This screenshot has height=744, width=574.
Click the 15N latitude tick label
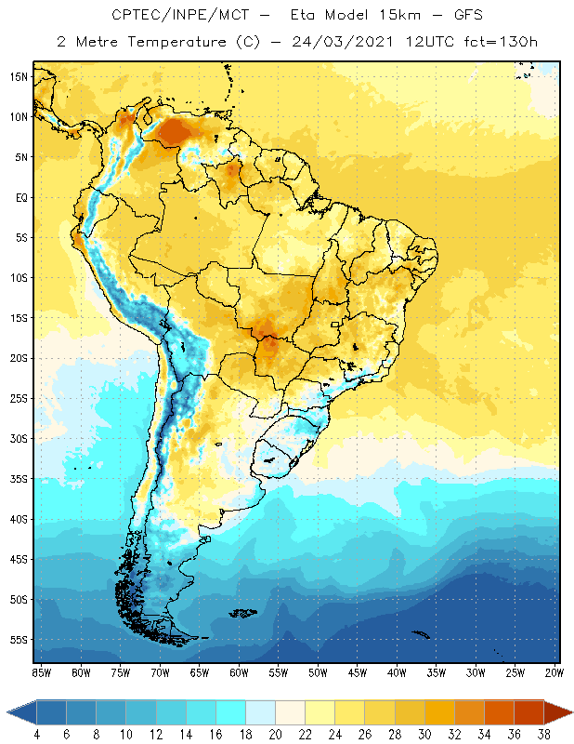pyautogui.click(x=19, y=76)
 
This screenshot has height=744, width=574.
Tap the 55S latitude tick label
pyautogui.click(x=19, y=640)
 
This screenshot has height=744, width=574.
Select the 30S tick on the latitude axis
pyautogui.click(x=19, y=438)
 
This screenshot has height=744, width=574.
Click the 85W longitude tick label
pyautogui.click(x=41, y=671)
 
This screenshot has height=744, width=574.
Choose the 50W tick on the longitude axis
pyautogui.click(x=319, y=671)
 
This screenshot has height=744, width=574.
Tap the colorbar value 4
pyautogui.click(x=36, y=733)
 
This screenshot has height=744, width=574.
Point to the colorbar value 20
pyautogui.click(x=275, y=733)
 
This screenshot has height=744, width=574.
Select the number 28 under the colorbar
pyautogui.click(x=395, y=733)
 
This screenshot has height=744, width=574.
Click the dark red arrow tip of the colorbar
pyautogui.click(x=559, y=712)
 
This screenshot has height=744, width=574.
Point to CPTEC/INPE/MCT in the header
pyautogui.click(x=178, y=16)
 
